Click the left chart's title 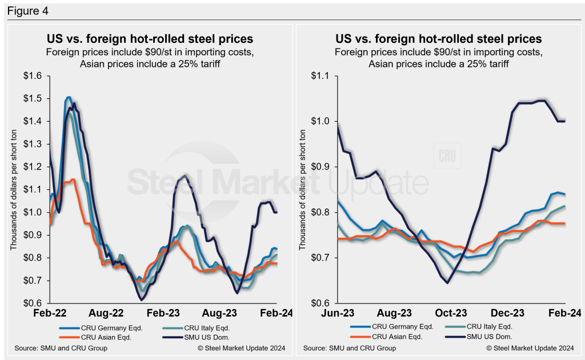150,39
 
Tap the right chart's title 438,39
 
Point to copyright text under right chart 529,348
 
